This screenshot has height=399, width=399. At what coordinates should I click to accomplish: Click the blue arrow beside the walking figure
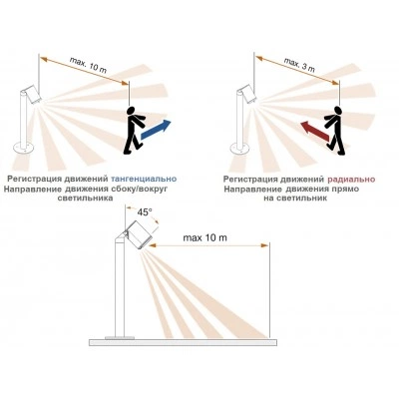tap(156, 130)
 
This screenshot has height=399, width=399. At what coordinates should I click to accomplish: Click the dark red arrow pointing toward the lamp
tap(315, 130)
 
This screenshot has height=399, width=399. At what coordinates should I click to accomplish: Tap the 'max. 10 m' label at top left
tap(88, 65)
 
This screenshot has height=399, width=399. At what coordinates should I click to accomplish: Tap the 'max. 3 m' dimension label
tap(299, 65)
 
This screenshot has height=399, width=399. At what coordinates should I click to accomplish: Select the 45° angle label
tap(145, 212)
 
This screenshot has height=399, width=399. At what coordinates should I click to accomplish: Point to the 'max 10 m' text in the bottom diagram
tap(205, 237)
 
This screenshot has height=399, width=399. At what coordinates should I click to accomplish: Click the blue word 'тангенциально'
tap(144, 179)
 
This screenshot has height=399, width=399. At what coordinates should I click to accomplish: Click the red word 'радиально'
tap(351, 180)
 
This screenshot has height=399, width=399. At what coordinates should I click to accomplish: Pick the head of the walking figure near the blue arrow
tap(132, 111)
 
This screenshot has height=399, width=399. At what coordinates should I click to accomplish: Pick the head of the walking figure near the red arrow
tap(338, 111)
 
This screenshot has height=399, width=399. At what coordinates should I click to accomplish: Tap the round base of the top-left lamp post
tap(23, 147)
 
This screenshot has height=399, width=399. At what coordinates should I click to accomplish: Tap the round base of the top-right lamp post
tap(239, 149)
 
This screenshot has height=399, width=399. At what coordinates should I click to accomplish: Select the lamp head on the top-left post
tap(31, 94)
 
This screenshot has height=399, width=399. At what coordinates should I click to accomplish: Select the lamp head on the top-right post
tap(246, 94)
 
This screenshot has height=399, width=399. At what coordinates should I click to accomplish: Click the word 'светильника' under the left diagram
tap(85, 199)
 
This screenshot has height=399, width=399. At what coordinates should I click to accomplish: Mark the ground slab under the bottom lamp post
tap(183, 342)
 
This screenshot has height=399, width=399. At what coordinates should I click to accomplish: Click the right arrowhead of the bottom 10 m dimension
tap(265, 245)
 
